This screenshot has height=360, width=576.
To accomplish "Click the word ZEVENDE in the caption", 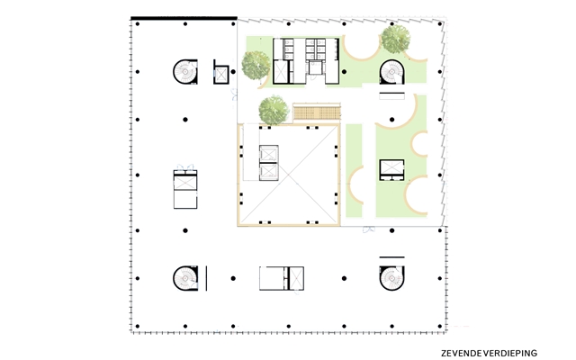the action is [x=462, y=354].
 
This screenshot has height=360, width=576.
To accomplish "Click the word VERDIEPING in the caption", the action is [x=510, y=354].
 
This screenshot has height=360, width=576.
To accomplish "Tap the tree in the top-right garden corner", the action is [x=395, y=39].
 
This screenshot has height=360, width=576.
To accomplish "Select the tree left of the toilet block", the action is [x=256, y=66].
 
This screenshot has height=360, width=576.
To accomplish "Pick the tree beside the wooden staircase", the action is [x=274, y=110].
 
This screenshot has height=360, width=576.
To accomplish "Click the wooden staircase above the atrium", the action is [x=317, y=112].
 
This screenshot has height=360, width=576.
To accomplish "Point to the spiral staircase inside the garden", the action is [x=392, y=72].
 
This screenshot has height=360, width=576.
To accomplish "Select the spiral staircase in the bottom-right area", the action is [x=392, y=278].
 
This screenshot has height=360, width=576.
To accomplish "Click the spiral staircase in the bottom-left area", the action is [x=185, y=278].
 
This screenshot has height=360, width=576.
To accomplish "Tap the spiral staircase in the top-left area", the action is [x=185, y=72].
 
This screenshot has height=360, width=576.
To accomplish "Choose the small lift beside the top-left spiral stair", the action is [x=221, y=74].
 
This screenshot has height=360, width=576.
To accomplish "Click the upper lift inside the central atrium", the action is [x=269, y=154].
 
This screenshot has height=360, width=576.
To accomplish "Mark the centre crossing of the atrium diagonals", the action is [x=288, y=175].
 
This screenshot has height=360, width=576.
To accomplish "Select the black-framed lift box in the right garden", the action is [x=392, y=170].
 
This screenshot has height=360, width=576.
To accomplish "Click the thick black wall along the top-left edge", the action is [x=184, y=18].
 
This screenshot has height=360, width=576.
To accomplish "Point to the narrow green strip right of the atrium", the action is [x=354, y=170].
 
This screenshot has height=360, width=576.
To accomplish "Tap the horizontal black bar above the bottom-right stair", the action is [x=392, y=257].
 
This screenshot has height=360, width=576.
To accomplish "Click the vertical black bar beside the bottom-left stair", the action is [x=206, y=278].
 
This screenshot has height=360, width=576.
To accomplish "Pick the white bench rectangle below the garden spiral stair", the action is [x=392, y=96].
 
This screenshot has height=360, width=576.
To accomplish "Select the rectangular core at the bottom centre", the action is [x=282, y=278].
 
